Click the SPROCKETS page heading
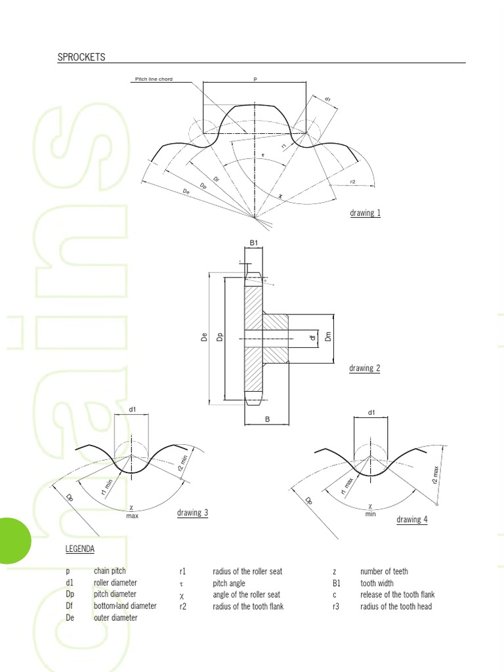(81, 57)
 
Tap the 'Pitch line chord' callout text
(154, 79)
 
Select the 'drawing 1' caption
(366, 213)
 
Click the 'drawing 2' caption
(364, 368)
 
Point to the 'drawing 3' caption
(192, 513)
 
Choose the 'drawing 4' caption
(412, 519)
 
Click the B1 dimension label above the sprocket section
(255, 243)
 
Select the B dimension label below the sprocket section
(268, 419)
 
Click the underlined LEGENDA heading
(80, 548)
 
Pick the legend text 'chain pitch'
(110, 572)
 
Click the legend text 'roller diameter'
(115, 583)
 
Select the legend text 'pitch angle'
(229, 583)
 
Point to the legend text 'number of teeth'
(384, 572)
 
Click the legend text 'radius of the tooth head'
(396, 606)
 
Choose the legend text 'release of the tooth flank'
(398, 595)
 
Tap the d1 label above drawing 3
(132, 409)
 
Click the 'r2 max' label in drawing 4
(435, 474)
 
